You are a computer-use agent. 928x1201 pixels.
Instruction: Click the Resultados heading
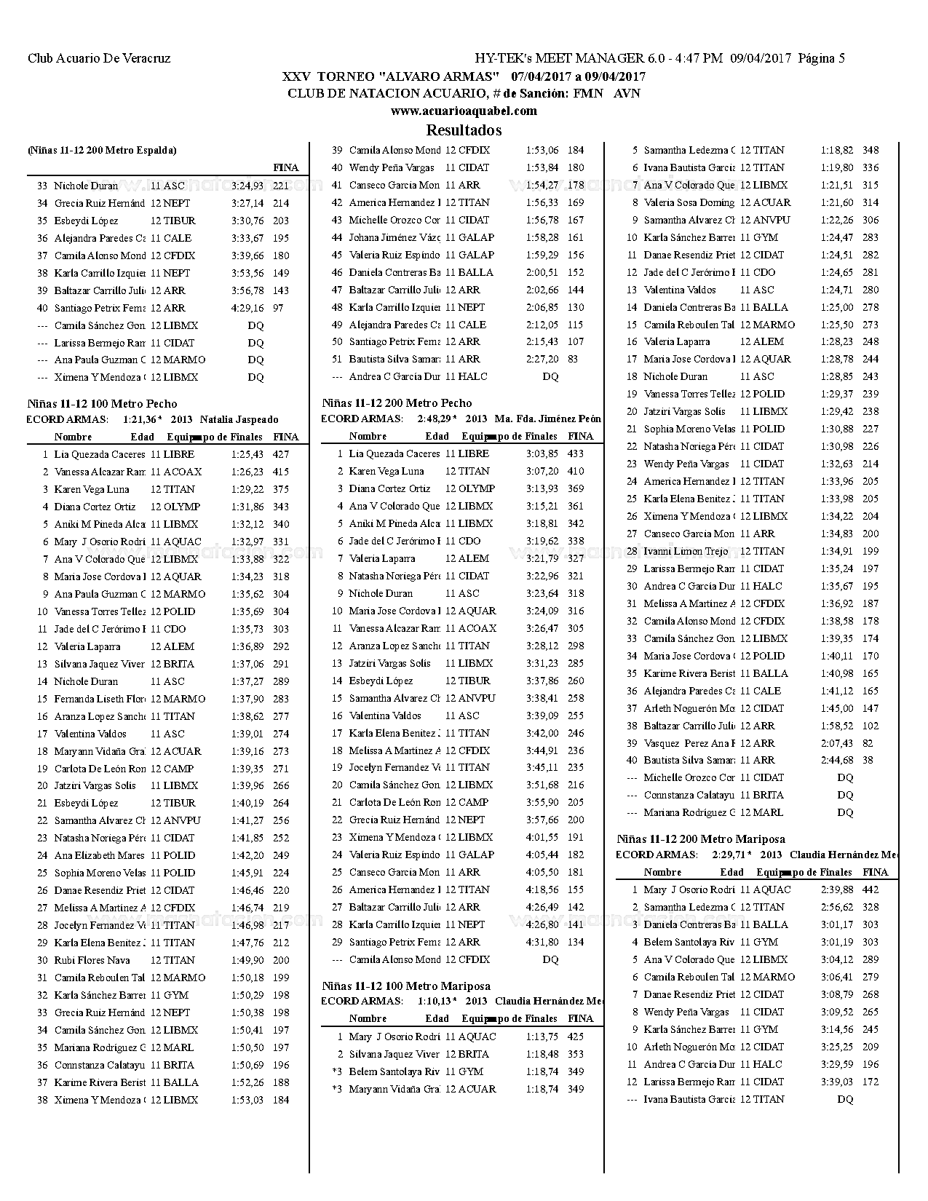click(x=464, y=130)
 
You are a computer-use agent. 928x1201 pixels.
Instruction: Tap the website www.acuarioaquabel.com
click(x=464, y=111)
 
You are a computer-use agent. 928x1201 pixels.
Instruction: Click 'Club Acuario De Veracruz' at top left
click(x=99, y=59)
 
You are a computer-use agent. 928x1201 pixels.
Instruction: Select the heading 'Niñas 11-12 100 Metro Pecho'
click(x=102, y=404)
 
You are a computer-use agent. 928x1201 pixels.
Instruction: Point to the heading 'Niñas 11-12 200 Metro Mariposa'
click(x=701, y=839)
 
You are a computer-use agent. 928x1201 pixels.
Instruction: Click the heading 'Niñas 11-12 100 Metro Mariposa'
click(x=406, y=986)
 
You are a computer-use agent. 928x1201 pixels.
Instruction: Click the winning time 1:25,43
click(x=247, y=454)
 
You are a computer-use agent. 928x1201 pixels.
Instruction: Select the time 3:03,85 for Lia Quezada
click(x=542, y=453)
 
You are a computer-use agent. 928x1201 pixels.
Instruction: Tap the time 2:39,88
click(x=836, y=889)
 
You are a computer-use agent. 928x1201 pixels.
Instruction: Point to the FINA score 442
click(x=871, y=889)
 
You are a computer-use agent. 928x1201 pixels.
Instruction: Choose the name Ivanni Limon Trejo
click(x=686, y=551)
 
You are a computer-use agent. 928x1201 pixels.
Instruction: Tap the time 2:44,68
click(x=836, y=760)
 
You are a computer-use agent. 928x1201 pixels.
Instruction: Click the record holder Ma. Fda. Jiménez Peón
click(x=548, y=419)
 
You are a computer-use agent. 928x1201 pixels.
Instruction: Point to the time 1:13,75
click(x=542, y=1036)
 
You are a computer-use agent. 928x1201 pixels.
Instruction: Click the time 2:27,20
click(x=542, y=359)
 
